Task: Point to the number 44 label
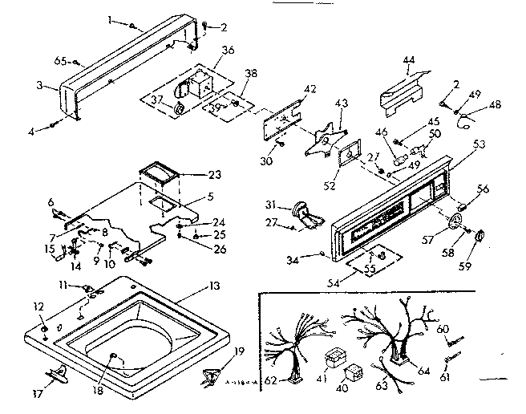click(409, 61)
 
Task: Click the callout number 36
click(228, 50)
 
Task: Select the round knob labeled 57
click(459, 223)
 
